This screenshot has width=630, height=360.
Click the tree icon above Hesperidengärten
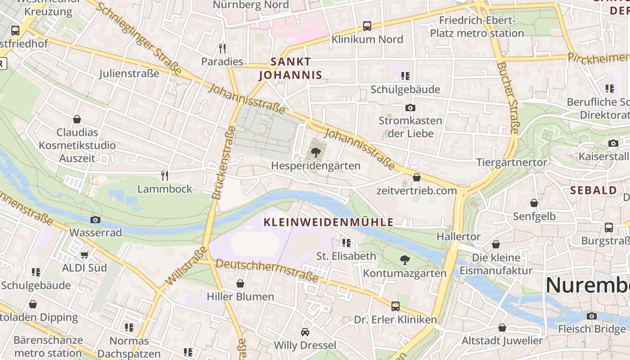(x=316, y=152)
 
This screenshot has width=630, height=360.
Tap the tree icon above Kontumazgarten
(x=405, y=260)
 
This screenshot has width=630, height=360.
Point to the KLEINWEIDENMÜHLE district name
(x=328, y=222)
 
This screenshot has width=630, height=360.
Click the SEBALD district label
(x=594, y=190)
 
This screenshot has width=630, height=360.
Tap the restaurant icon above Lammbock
(x=165, y=175)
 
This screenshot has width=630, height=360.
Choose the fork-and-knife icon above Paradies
(x=222, y=48)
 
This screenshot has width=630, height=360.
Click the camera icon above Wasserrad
(x=95, y=220)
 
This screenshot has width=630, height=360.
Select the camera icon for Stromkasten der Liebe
(x=410, y=108)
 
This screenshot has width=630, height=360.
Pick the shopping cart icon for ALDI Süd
(x=84, y=255)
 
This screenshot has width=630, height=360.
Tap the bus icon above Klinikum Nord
(x=367, y=26)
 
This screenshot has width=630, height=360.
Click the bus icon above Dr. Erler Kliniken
(x=395, y=306)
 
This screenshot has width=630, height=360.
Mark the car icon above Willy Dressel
(x=305, y=332)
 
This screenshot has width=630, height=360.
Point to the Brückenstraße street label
(x=224, y=162)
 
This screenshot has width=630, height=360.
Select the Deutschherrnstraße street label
(x=267, y=270)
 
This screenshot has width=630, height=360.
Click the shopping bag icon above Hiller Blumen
(x=240, y=283)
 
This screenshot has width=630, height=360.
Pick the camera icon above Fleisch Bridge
(x=592, y=316)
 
